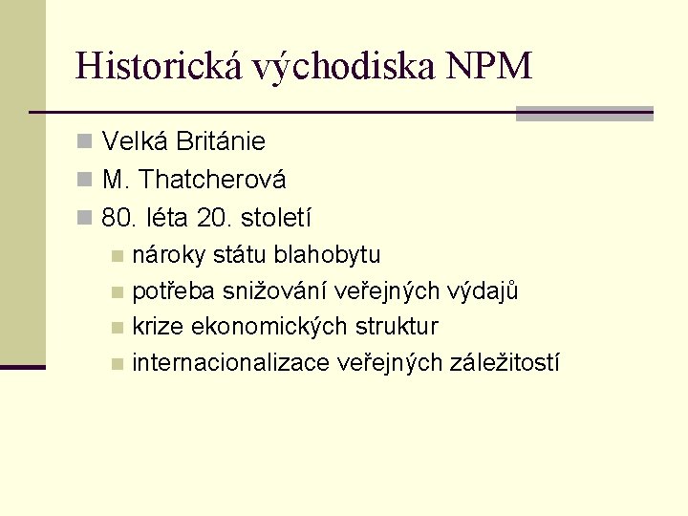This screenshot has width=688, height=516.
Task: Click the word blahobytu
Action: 327,255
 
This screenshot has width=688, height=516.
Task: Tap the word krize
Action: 159,327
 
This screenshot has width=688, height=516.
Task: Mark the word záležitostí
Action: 507,363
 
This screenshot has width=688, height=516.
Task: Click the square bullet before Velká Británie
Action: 85,143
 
